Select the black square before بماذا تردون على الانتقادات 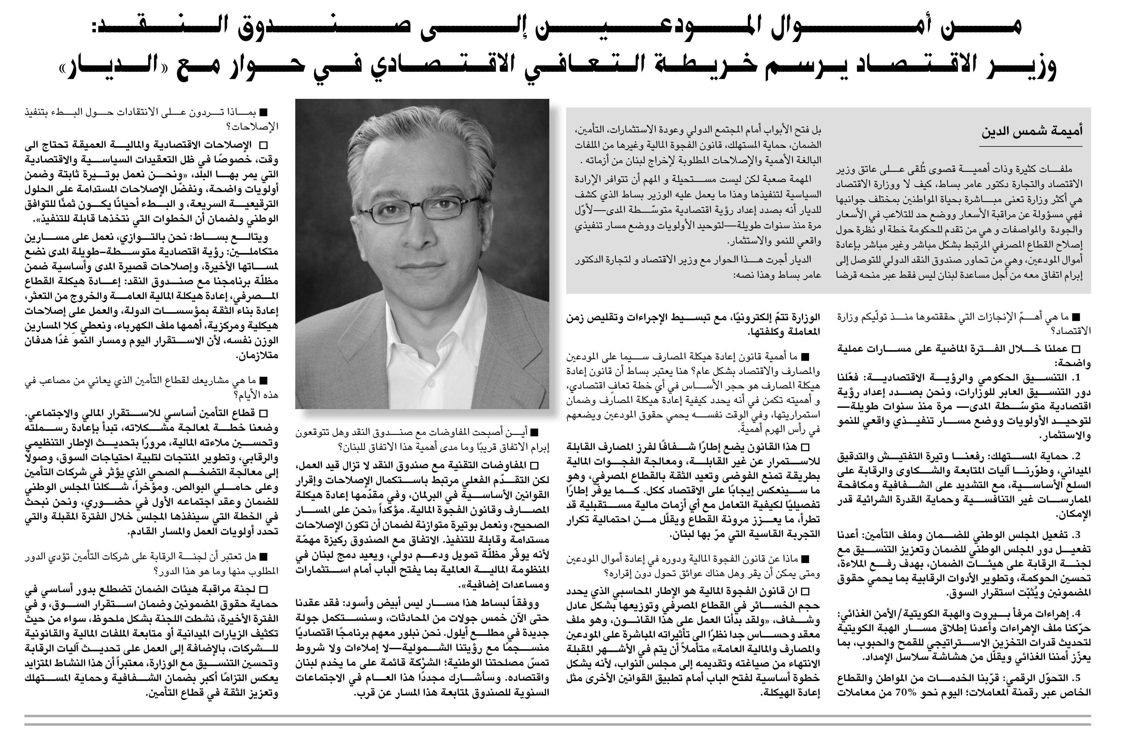click(263, 112)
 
